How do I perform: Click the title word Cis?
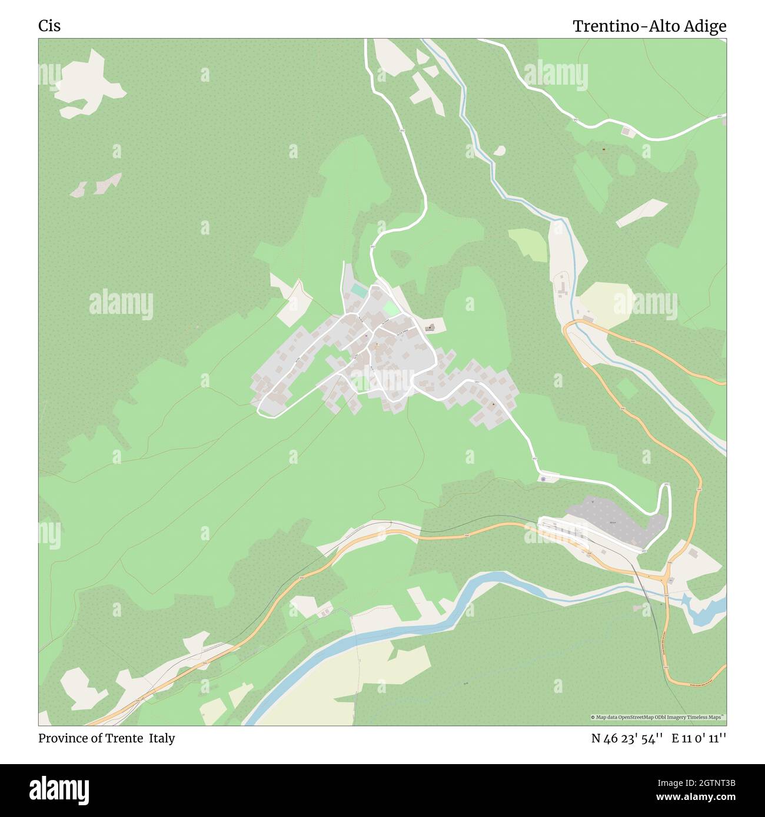click(49, 26)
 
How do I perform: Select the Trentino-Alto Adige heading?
click(649, 26)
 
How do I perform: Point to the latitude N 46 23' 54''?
click(627, 738)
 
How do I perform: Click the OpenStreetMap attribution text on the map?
click(658, 717)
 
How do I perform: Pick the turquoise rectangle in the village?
click(358, 290)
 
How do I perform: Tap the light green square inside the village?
click(389, 308)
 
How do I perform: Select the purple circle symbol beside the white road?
click(542, 479)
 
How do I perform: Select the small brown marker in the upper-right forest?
click(604, 149)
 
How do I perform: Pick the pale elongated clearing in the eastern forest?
click(641, 212)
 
